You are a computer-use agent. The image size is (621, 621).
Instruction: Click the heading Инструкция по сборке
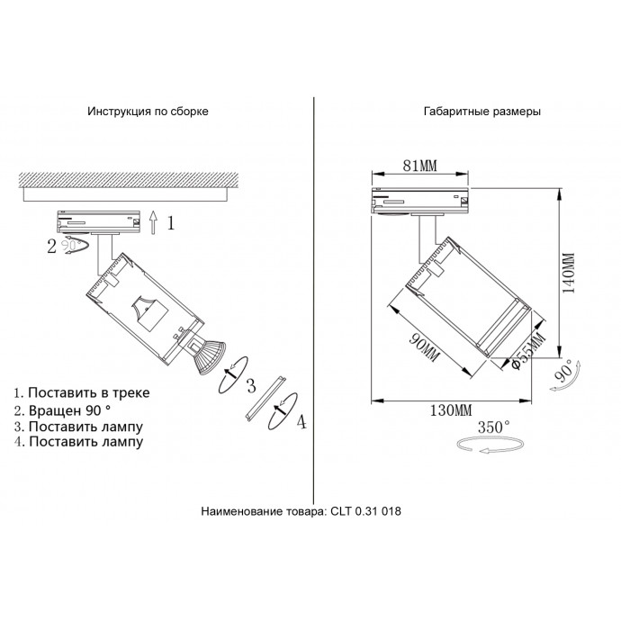(x=148, y=112)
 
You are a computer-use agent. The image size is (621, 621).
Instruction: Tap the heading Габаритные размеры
(x=481, y=112)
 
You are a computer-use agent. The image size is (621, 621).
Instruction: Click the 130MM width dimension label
(x=451, y=411)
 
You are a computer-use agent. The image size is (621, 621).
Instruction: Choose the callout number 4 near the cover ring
(x=301, y=420)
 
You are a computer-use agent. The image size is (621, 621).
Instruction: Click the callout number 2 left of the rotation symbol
(x=51, y=245)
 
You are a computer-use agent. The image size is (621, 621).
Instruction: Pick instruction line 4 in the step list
(x=78, y=442)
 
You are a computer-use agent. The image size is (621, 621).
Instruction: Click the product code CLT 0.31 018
(x=352, y=511)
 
